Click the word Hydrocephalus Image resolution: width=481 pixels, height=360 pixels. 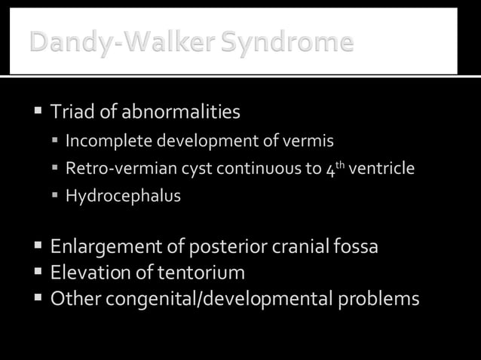(x=123, y=197)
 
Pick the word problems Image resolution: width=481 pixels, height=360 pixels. (x=377, y=299)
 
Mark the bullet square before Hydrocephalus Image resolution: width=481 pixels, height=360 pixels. (x=56, y=197)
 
